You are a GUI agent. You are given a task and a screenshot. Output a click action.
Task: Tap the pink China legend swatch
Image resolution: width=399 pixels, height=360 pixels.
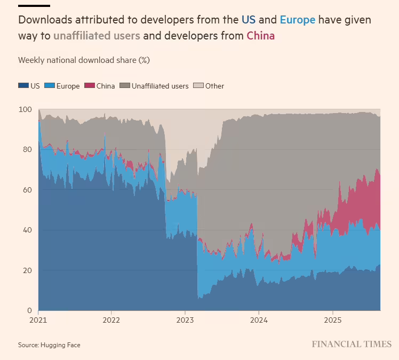pyautogui.click(x=90, y=86)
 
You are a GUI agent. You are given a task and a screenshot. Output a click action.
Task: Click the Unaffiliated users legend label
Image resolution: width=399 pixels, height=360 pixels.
pyautogui.click(x=160, y=86)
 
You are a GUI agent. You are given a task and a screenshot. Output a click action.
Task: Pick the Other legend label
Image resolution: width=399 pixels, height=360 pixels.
pyautogui.click(x=214, y=86)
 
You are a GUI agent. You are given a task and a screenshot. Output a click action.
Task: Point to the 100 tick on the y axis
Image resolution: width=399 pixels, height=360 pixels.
pyautogui.click(x=26, y=109)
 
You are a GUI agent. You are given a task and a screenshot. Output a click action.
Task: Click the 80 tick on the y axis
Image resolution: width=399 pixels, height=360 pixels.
pyautogui.click(x=27, y=150)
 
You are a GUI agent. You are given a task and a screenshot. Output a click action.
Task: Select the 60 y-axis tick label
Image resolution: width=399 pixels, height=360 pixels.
pyautogui.click(x=27, y=190)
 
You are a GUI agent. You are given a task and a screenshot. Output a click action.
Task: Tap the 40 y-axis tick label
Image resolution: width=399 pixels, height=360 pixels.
pyautogui.click(x=27, y=230)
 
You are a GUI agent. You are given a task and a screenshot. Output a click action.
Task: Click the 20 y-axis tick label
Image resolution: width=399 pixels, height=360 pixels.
pyautogui.click(x=27, y=270)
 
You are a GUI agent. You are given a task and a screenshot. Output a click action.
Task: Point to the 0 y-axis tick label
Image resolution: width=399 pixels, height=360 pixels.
pyautogui.click(x=29, y=310)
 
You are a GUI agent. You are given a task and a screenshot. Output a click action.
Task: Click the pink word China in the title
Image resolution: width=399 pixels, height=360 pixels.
pyautogui.click(x=260, y=36)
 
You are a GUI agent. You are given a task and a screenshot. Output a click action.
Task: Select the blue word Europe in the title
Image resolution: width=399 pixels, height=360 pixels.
pyautogui.click(x=297, y=20)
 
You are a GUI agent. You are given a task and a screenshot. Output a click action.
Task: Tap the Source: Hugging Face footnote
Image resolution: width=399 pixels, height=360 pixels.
pyautogui.click(x=49, y=345)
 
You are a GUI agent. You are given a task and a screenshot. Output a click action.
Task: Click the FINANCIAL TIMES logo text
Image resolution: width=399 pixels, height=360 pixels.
pyautogui.click(x=352, y=344)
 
